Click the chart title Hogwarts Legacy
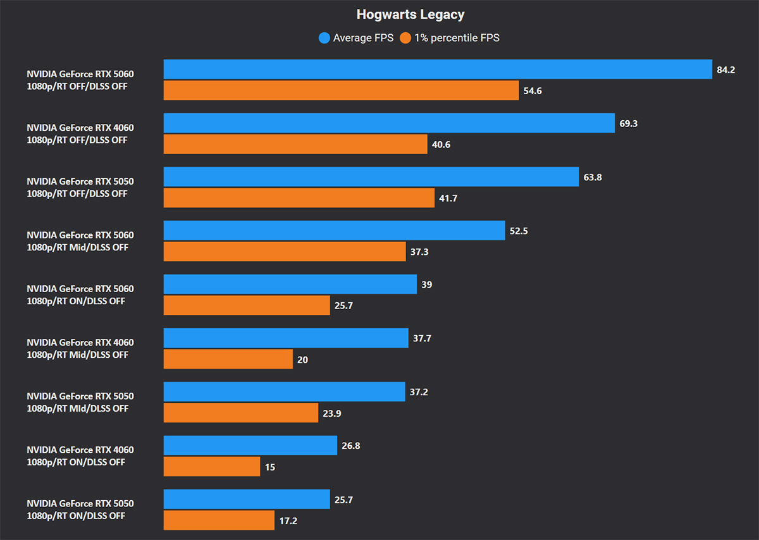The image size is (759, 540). pos(410,14)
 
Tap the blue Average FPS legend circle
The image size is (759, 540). pos(324,38)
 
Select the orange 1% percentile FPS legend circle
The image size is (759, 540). pos(405,38)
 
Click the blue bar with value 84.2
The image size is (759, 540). pos(438,70)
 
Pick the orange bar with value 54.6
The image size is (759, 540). pos(341,90)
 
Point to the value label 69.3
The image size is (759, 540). pos(628,123)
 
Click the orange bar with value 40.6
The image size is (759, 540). pos(295,144)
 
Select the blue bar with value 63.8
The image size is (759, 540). pos(371,177)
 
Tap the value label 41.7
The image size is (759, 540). pos(448,198)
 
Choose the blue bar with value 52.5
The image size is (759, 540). pos(334,231)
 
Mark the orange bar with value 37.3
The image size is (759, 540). pos(285,252)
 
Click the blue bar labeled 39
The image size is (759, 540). pos(290,285)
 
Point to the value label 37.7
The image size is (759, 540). pos(422,338)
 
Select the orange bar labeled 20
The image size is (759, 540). pos(228,359)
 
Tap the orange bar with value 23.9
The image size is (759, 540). pos(241,413)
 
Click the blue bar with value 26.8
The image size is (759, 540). pos(250,446)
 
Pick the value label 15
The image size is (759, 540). pos(270,467)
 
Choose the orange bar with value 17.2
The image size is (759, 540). pos(219,520)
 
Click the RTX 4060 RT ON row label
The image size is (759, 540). pos(80,456)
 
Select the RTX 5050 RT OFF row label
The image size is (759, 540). pos(80,187)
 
